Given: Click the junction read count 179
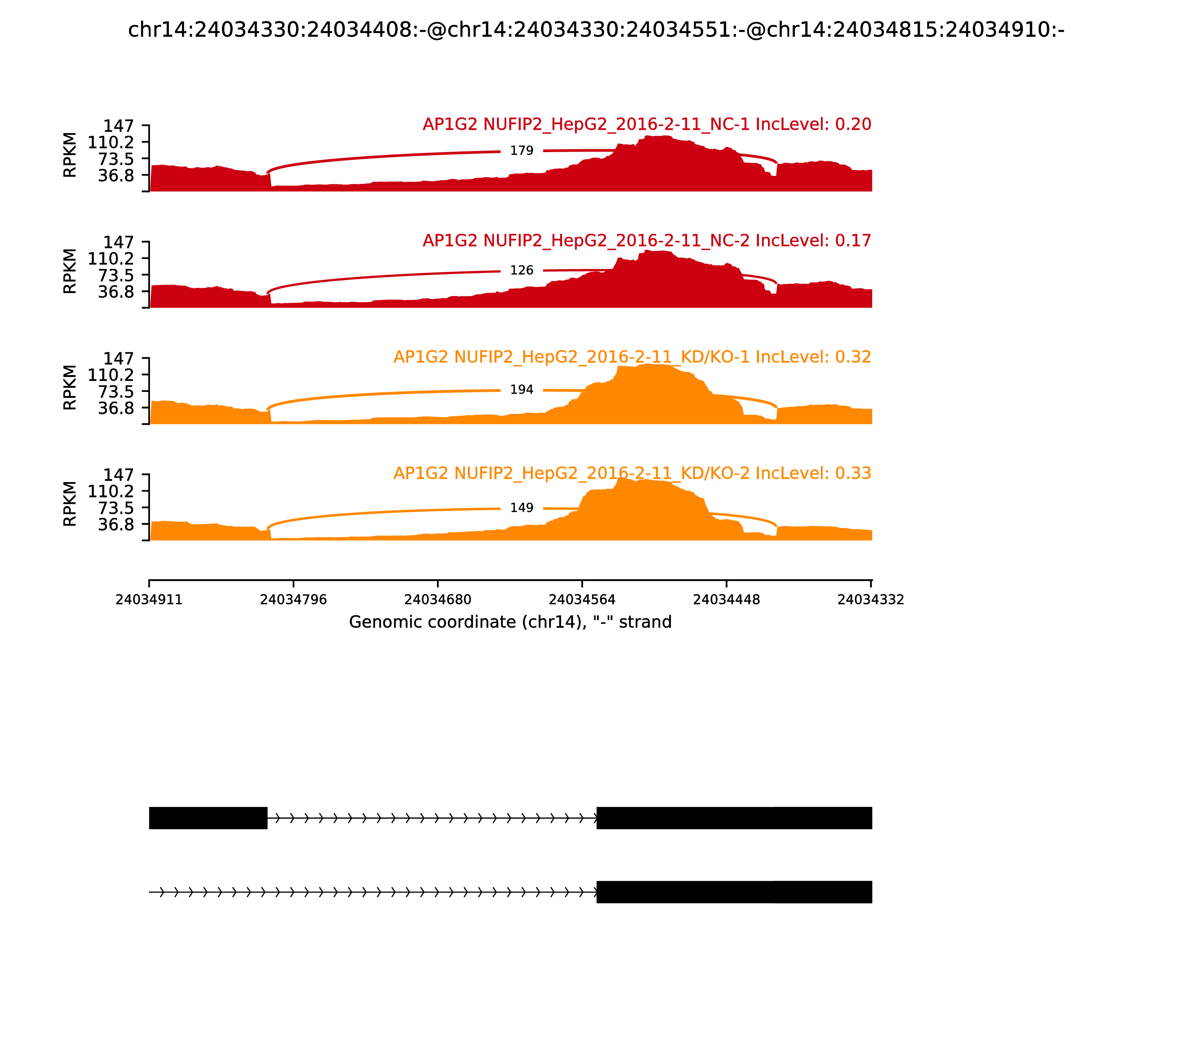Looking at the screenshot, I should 521,151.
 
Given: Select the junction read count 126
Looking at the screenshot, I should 521,270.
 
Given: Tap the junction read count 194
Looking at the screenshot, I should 521,390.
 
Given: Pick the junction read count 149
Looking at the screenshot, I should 521,508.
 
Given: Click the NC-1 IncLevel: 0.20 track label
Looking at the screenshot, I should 646,124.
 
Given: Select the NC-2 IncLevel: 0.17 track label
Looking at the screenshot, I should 646,240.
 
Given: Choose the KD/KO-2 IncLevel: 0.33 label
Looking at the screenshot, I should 632,473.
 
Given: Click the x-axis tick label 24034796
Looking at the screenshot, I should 293,600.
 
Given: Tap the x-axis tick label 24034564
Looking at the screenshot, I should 582,600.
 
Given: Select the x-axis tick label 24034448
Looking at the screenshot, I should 726,600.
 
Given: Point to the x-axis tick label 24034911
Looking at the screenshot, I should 149,600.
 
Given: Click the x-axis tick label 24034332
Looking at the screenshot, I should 870,600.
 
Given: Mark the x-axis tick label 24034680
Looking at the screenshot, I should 437,600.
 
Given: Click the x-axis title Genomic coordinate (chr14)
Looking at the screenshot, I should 510,622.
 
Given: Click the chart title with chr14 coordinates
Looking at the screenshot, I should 596,30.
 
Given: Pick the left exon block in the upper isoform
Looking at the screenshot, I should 208,818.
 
